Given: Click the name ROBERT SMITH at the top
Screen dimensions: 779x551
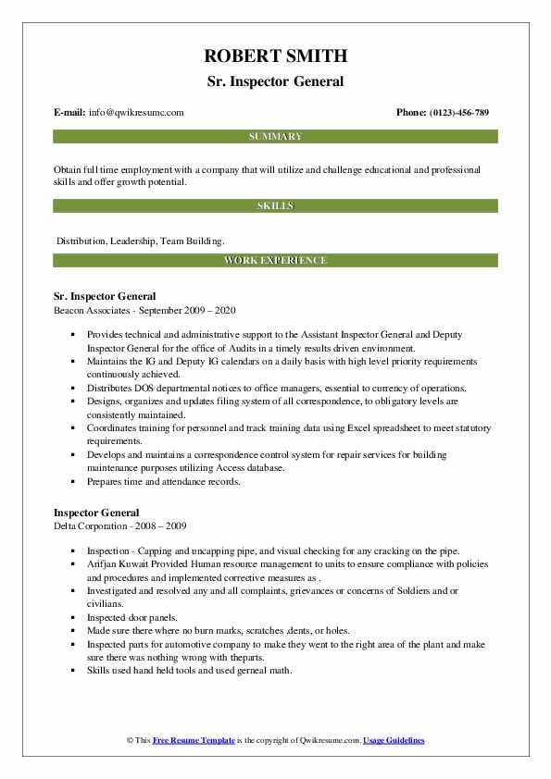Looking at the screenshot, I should pyautogui.click(x=275, y=57).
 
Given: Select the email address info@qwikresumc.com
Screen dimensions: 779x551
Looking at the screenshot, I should pyautogui.click(x=137, y=113).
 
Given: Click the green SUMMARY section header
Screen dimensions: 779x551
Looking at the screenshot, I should pyautogui.click(x=275, y=137).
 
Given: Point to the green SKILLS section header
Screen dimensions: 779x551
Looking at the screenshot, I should pyautogui.click(x=275, y=205).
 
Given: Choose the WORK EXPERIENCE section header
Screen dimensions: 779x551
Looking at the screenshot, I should pyautogui.click(x=275, y=261).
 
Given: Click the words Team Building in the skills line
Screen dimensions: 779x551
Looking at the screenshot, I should pyautogui.click(x=192, y=241).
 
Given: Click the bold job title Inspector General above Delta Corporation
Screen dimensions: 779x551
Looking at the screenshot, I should pyautogui.click(x=96, y=513).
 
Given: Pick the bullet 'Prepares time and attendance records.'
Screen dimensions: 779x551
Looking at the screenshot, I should pyautogui.click(x=163, y=481).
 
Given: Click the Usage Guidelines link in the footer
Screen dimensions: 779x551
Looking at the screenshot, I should pyautogui.click(x=394, y=740).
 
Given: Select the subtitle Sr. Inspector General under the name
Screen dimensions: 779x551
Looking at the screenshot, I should pyautogui.click(x=275, y=81).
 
